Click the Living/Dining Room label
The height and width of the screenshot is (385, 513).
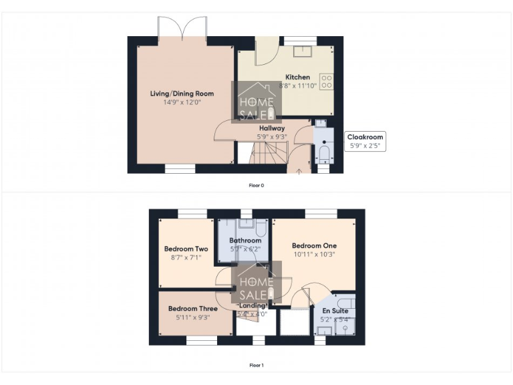[177, 94]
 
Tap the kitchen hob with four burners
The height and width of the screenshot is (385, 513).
[327, 81]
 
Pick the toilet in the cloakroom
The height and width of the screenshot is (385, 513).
[323, 155]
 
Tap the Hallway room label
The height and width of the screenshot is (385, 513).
[271, 128]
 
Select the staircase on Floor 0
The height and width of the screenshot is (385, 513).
[267, 155]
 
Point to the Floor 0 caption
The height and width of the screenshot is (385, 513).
[256, 184]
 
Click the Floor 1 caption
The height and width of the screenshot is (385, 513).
[256, 365]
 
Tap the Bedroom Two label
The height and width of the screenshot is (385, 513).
[186, 249]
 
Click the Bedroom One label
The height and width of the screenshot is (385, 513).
[314, 245]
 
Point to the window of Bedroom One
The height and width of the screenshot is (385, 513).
[321, 213]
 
